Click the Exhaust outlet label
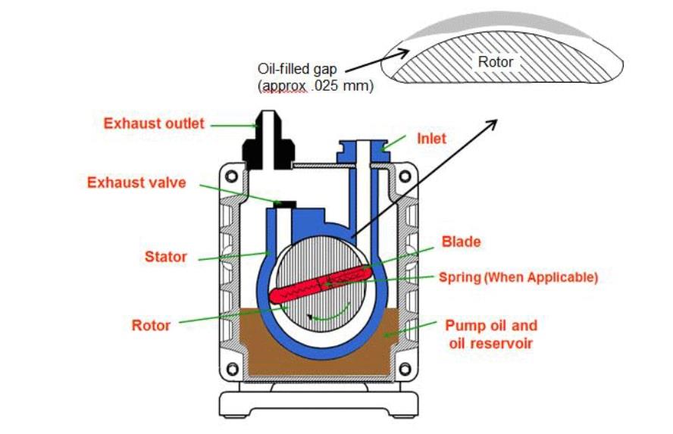(x=154, y=123)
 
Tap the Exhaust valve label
(x=136, y=183)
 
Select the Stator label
(x=165, y=257)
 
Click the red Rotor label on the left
(x=152, y=325)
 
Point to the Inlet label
(x=432, y=139)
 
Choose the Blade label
(x=461, y=242)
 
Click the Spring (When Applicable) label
(x=518, y=277)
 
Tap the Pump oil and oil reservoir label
(x=490, y=334)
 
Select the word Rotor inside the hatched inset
(x=495, y=62)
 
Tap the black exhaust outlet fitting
(x=268, y=144)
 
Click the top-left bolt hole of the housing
(x=232, y=176)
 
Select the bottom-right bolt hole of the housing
(x=405, y=369)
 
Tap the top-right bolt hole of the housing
(x=405, y=176)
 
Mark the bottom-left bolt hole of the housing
(x=232, y=369)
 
